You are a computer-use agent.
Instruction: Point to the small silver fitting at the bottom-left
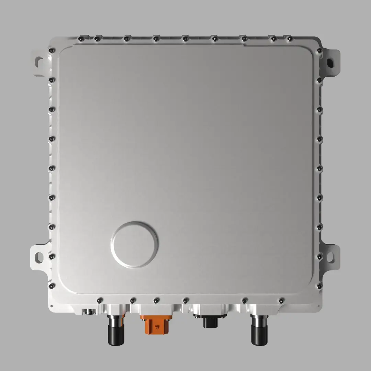(89, 311)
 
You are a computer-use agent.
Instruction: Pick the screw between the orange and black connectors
(185, 300)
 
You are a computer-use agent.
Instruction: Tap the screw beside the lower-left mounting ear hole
(51, 256)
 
